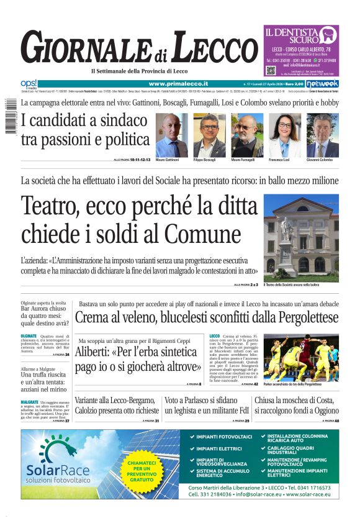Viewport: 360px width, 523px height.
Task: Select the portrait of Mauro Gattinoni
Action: tap(171, 135)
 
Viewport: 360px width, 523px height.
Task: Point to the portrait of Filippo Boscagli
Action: tap(209, 135)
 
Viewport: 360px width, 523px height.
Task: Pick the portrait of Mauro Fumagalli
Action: tap(247, 135)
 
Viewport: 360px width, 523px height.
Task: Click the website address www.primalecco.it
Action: tap(178, 83)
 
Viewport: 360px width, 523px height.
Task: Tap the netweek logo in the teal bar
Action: tap(322, 83)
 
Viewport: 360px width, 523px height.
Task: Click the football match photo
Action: tap(301, 358)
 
